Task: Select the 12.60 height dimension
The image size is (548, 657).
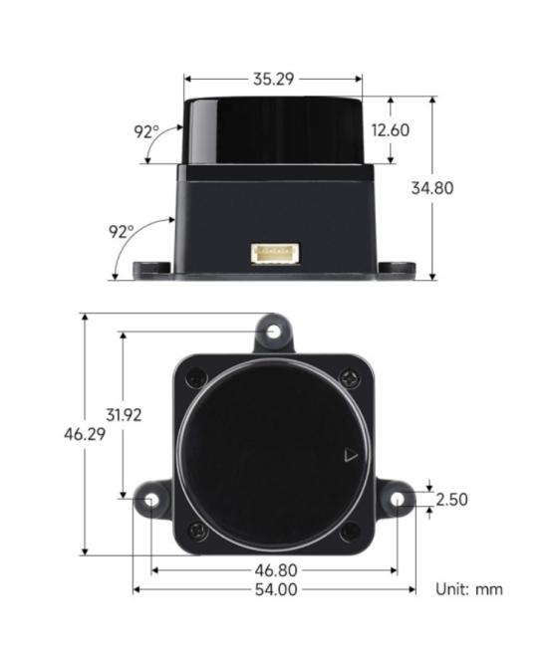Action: pyautogui.click(x=390, y=129)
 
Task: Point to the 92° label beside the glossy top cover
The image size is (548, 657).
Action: pyautogui.click(x=146, y=130)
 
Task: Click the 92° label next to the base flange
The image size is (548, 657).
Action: pyautogui.click(x=121, y=231)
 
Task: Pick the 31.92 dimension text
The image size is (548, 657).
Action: pyautogui.click(x=123, y=414)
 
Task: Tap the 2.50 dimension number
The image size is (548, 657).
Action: pyautogui.click(x=451, y=500)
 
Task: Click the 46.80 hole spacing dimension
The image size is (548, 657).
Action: pyautogui.click(x=274, y=570)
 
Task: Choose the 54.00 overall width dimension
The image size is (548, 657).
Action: pyautogui.click(x=274, y=589)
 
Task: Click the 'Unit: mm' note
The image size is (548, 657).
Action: pyautogui.click(x=469, y=589)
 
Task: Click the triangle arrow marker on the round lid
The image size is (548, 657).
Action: pyautogui.click(x=349, y=456)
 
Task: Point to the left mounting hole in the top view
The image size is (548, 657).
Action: pyautogui.click(x=151, y=499)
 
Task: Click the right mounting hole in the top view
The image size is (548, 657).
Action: pyautogui.click(x=397, y=499)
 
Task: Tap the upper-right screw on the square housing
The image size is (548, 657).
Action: pyautogui.click(x=349, y=378)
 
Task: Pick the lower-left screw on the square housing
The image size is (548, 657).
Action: pyautogui.click(x=197, y=533)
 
